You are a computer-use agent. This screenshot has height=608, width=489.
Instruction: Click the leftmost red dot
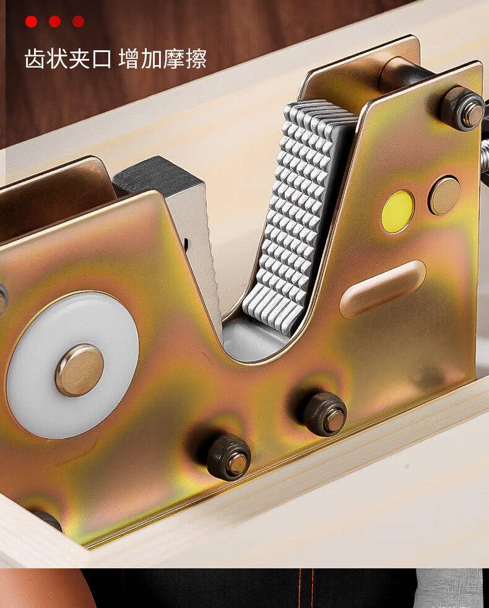coord(32,21)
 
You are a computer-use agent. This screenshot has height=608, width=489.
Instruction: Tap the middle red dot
coord(54,21)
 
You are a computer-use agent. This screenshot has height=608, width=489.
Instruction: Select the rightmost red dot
coord(78,21)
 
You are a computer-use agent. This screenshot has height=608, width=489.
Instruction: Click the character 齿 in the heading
coord(35,59)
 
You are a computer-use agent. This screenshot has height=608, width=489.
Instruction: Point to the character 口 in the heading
coord(102,59)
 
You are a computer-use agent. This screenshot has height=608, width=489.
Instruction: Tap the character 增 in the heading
coord(129,59)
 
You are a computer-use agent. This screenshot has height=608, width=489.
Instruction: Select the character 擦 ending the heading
coord(196,59)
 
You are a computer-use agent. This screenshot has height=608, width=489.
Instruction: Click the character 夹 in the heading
coord(80,59)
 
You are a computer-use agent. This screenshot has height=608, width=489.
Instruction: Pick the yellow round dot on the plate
coord(397,212)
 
